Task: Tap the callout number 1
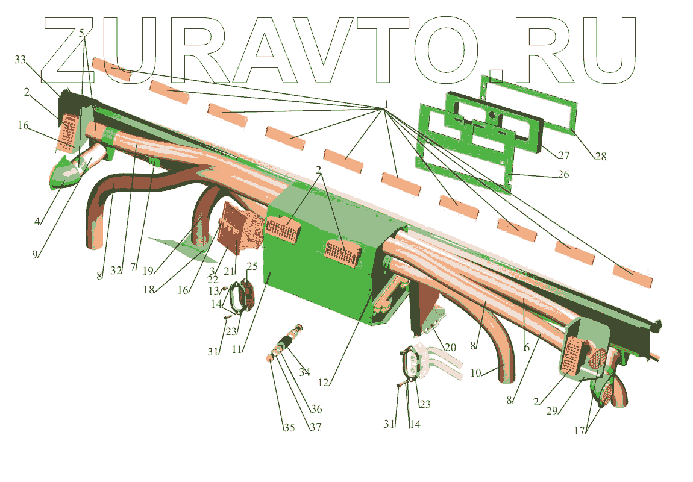pyautogui.click(x=385, y=103)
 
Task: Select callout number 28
pyautogui.click(x=600, y=157)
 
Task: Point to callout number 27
pyautogui.click(x=563, y=155)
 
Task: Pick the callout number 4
pyautogui.click(x=37, y=221)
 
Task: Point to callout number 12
pyautogui.click(x=324, y=381)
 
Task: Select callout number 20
pyautogui.click(x=451, y=347)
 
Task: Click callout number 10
pyautogui.click(x=476, y=372)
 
